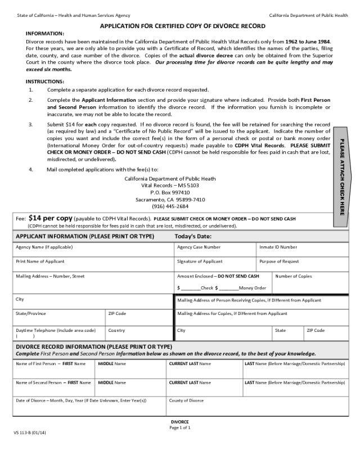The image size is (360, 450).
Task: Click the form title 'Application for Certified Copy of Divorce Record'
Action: (183, 26)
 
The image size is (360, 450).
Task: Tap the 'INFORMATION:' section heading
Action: (45, 34)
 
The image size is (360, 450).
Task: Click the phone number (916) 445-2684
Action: (170, 206)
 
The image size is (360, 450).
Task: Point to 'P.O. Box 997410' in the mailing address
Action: (170, 192)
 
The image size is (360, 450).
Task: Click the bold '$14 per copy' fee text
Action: (50, 218)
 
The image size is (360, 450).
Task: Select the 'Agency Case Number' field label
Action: (199, 247)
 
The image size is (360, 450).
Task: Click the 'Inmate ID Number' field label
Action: (278, 247)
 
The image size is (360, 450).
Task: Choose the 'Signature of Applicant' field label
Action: (200, 262)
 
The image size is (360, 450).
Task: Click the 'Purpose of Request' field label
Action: (279, 262)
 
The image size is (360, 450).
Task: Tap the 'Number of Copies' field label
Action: (294, 276)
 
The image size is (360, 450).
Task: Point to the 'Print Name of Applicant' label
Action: (40, 262)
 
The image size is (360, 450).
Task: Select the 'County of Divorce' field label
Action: (186, 400)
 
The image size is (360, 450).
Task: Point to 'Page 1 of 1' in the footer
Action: (180, 427)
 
